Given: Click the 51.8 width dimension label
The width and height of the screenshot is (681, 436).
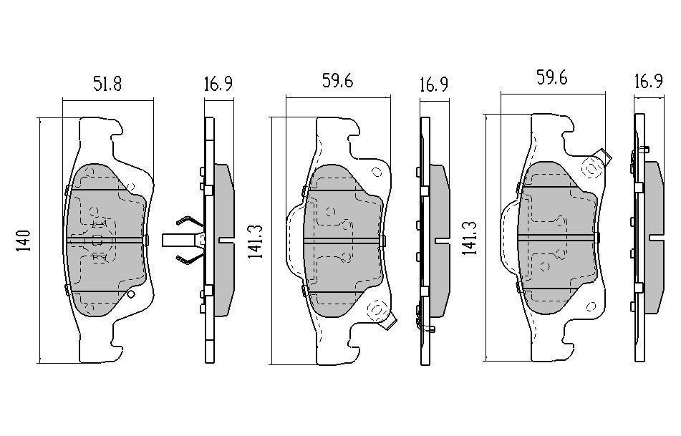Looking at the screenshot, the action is click(x=107, y=83).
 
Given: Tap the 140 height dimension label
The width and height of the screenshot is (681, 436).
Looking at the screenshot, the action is click(x=24, y=241).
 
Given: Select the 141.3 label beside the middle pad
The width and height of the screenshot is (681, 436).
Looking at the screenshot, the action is click(x=256, y=242).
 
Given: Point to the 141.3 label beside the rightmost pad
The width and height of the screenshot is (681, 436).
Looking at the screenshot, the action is click(x=470, y=238).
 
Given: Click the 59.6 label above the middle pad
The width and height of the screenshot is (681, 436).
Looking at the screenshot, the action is click(x=337, y=81).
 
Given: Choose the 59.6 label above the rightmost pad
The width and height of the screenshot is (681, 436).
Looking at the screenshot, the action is click(x=551, y=78).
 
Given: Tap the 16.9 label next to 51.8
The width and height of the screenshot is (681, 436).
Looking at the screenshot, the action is click(x=218, y=84).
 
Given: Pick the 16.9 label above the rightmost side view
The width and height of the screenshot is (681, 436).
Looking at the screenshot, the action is click(x=649, y=81).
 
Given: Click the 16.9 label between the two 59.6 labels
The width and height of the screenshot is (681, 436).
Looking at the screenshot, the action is click(x=434, y=84).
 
